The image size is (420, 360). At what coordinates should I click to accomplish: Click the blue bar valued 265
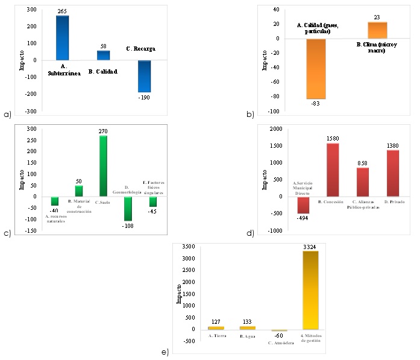(x=63, y=37)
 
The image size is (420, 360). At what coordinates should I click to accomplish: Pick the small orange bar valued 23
(x=377, y=30)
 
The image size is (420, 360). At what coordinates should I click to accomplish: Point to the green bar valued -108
(x=128, y=209)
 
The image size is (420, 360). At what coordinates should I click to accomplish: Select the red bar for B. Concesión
(x=333, y=170)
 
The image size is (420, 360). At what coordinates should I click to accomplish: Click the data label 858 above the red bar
(x=363, y=163)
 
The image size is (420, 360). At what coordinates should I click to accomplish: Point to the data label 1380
(x=395, y=145)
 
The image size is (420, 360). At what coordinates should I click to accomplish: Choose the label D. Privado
(x=395, y=202)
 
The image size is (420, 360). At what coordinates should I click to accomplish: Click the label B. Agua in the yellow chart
(x=247, y=335)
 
